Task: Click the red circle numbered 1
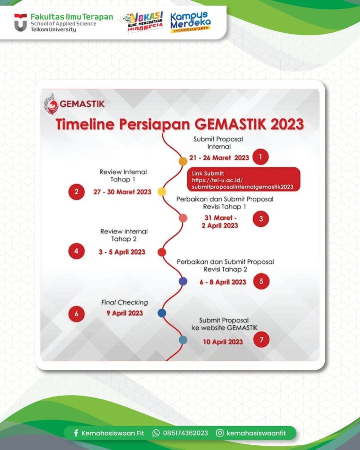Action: pyautogui.click(x=260, y=157)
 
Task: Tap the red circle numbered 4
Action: pyautogui.click(x=76, y=251)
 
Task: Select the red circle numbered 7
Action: pyautogui.click(x=261, y=340)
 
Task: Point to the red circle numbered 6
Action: pyautogui.click(x=76, y=314)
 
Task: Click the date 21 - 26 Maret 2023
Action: pyautogui.click(x=219, y=157)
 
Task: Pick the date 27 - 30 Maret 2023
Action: pyautogui.click(x=121, y=192)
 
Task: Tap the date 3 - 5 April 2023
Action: pyautogui.click(x=122, y=252)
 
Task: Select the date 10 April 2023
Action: pyautogui.click(x=223, y=342)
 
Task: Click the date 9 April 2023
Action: pyautogui.click(x=124, y=313)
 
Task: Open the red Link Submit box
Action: pyautogui.click(x=243, y=179)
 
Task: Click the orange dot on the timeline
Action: pyautogui.click(x=183, y=161)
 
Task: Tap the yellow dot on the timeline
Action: pyautogui.click(x=162, y=192)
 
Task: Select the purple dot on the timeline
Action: pyautogui.click(x=183, y=281)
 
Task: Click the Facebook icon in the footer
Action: pyautogui.click(x=76, y=433)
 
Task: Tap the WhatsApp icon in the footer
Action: pyautogui.click(x=156, y=433)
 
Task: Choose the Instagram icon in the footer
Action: pyautogui.click(x=219, y=433)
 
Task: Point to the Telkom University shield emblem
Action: pyautogui.click(x=20, y=22)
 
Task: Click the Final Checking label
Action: pyautogui.click(x=124, y=302)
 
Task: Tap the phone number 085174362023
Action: pyautogui.click(x=185, y=433)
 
